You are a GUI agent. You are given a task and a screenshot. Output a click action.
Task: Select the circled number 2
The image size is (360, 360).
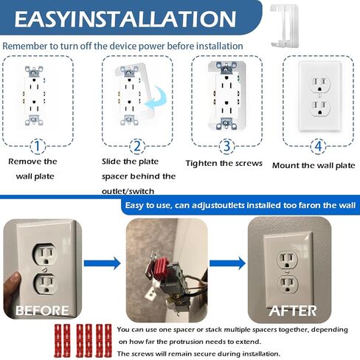pyautogui.click(x=136, y=146)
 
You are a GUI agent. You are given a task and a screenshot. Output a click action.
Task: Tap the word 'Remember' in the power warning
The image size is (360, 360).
pyautogui.click(x=27, y=46)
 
